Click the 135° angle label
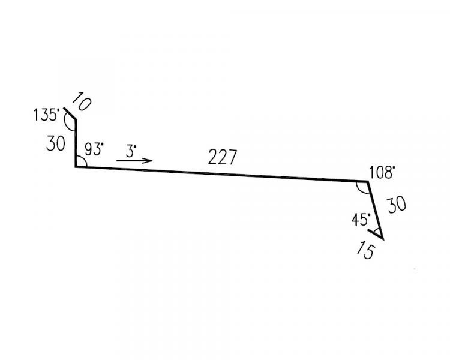pos(46,115)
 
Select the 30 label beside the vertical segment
pos(56,143)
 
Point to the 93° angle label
pos(94,149)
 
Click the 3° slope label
pos(131,151)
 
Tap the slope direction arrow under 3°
pos(134,160)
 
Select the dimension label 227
pos(223,157)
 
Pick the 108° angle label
pos(382,173)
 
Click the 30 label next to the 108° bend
pos(397,205)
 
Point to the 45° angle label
pos(361,220)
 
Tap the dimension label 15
pos(366,250)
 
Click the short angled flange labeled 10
pos(70,113)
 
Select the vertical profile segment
pos(76,143)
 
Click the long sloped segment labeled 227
pos(221,174)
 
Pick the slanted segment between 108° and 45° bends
pos(375,210)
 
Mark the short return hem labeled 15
pos(376,234)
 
